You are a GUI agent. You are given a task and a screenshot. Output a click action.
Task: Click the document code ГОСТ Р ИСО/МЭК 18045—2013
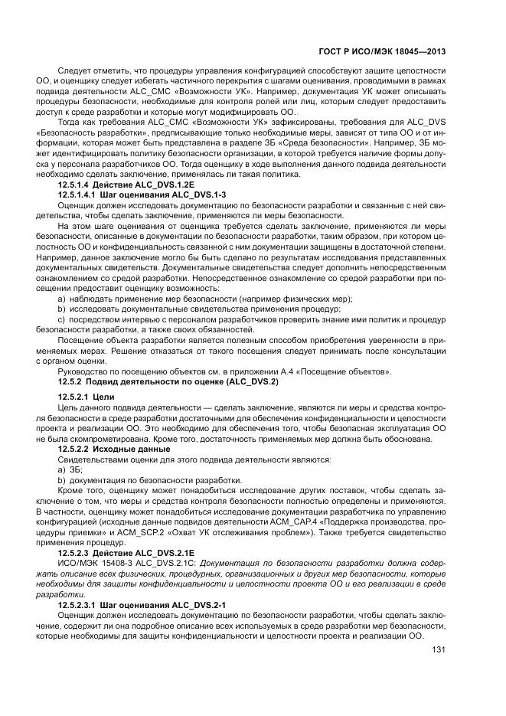[384, 52]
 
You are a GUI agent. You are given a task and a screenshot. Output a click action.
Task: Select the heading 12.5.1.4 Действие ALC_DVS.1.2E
[117, 185]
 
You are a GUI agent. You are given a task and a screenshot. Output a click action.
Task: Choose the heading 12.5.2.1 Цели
[86, 397]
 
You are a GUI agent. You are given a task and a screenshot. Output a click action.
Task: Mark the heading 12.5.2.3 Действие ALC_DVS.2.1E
[117, 552]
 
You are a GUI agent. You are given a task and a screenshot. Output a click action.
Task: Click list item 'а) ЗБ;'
[70, 469]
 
